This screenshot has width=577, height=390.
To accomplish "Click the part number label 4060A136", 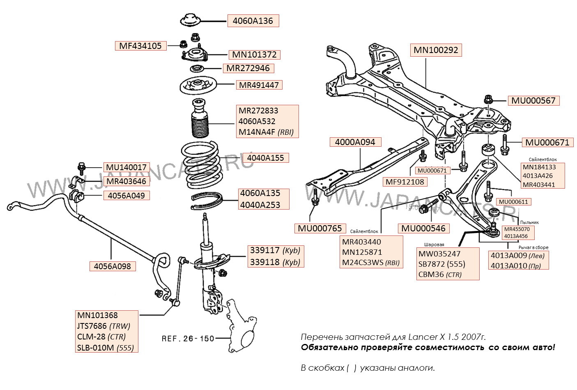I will tap(253, 21).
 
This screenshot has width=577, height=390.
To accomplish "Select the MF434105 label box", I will tap(140, 46).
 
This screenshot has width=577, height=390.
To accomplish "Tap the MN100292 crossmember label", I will tap(435, 50).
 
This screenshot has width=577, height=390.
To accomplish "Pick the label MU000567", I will tap(533, 100).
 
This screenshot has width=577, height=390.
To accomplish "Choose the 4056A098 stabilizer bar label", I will tap(112, 266).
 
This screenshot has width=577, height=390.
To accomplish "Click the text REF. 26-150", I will tap(188, 339).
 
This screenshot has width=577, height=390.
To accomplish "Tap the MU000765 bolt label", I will tap(320, 228).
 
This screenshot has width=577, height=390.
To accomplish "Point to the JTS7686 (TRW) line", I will tap(103, 326).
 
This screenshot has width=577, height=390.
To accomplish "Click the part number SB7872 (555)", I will tap(441, 264).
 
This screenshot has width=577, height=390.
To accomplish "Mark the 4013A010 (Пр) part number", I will tap(515, 265).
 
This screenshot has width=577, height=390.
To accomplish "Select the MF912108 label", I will tap(405, 181).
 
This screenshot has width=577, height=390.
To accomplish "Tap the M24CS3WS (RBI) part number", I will tap(371, 263).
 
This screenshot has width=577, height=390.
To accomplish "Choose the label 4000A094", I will tap(355, 142).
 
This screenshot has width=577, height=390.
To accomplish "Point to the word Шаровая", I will tap(434, 245).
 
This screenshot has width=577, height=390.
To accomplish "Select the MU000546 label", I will tap(423, 228).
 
